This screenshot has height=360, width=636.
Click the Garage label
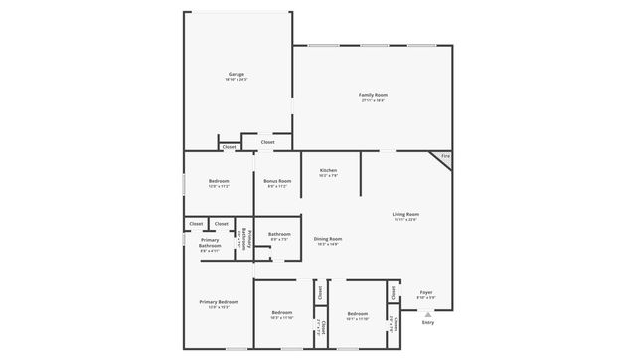[x=237, y=74]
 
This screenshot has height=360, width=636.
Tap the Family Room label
[x=373, y=95]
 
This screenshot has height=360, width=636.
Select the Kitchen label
[x=328, y=170]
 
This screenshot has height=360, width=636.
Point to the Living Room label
[x=404, y=214]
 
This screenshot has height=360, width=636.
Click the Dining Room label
[x=328, y=238]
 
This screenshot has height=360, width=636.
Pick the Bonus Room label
[x=277, y=181]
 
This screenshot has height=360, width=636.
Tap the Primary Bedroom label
[x=219, y=302]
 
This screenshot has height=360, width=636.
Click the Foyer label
[x=425, y=292]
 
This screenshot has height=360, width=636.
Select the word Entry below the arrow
[x=428, y=322]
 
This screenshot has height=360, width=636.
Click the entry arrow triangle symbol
[x=428, y=314]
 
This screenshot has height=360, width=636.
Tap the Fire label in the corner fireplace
[x=445, y=156]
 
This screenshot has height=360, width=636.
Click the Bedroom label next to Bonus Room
[x=219, y=181]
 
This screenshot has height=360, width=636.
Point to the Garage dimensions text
[x=237, y=79]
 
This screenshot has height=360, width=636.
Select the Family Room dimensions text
[x=373, y=100]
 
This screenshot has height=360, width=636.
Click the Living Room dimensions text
[x=404, y=219]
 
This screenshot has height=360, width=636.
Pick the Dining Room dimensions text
[x=328, y=244]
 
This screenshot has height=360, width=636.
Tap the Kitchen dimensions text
[x=328, y=175]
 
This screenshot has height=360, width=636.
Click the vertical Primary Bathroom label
[x=245, y=240]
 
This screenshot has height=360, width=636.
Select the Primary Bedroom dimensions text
[x=219, y=307]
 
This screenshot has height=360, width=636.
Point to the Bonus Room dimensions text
[x=277, y=186]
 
